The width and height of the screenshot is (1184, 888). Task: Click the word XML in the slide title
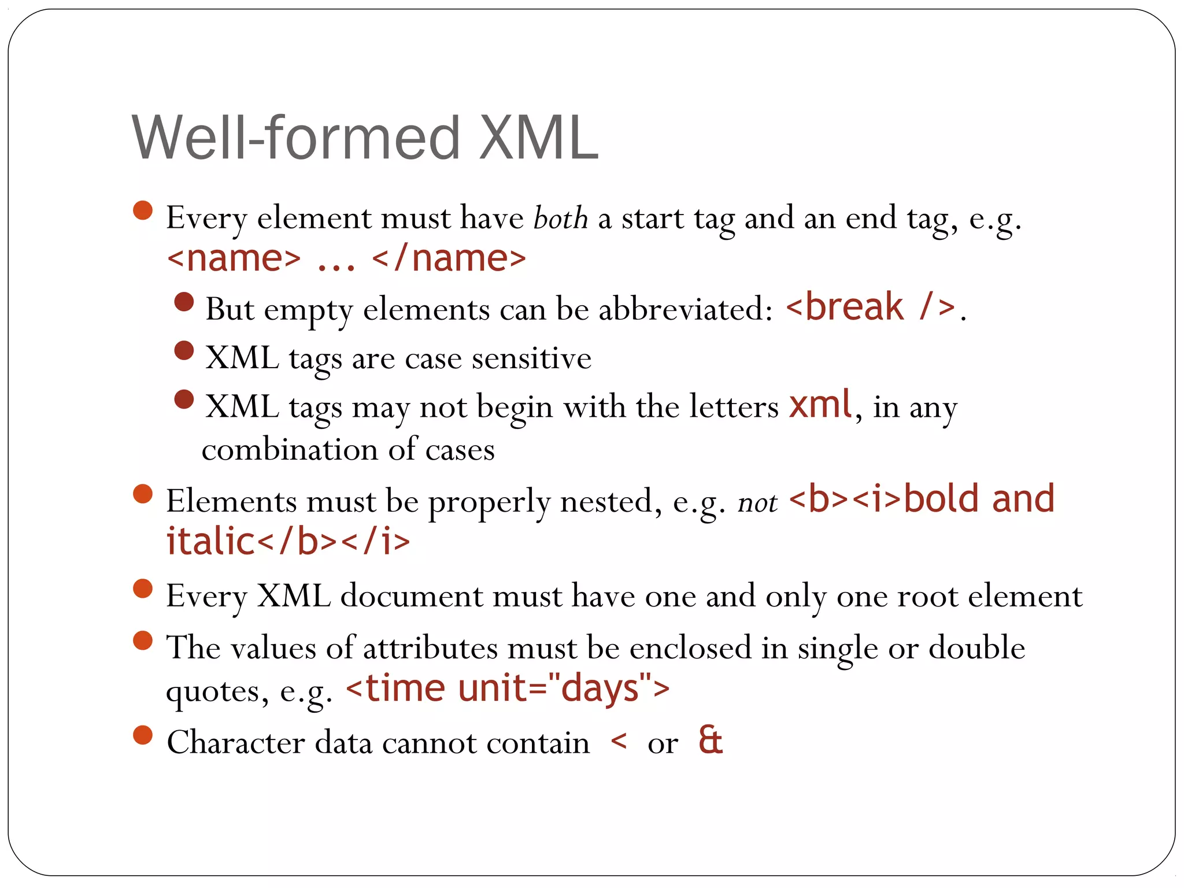pos(538,139)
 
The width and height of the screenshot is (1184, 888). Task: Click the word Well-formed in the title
pos(296,139)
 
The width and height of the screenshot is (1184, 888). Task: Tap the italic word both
pos(560,219)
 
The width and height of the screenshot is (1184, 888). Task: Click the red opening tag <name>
pos(234,258)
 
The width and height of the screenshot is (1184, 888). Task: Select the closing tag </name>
pos(449,258)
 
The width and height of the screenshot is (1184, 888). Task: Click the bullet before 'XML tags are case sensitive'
pos(184,350)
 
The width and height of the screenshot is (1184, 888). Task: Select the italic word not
pos(757,502)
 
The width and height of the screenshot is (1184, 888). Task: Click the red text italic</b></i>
pos(288,542)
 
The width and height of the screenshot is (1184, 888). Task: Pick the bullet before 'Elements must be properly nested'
pos(142,494)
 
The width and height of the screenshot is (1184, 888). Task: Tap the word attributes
pos(430,647)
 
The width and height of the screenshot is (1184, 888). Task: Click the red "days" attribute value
pos(599,689)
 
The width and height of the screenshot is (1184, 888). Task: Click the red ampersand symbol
pos(710,740)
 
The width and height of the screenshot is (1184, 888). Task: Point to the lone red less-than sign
pos(619,741)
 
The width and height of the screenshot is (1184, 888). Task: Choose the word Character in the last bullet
pos(235,742)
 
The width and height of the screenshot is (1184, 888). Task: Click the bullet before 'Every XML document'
pos(142,589)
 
